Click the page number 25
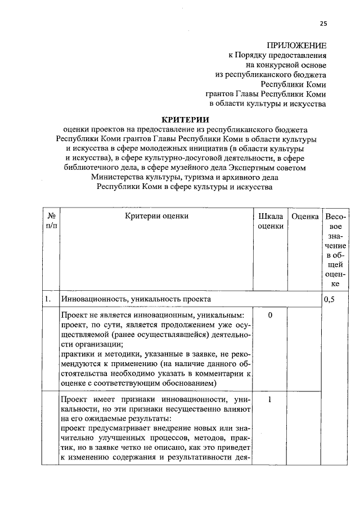(x=323, y=23)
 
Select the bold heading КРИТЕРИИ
(x=185, y=119)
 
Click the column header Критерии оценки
(x=156, y=215)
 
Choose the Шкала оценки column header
(x=270, y=220)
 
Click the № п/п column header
(x=51, y=220)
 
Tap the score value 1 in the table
(x=270, y=399)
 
